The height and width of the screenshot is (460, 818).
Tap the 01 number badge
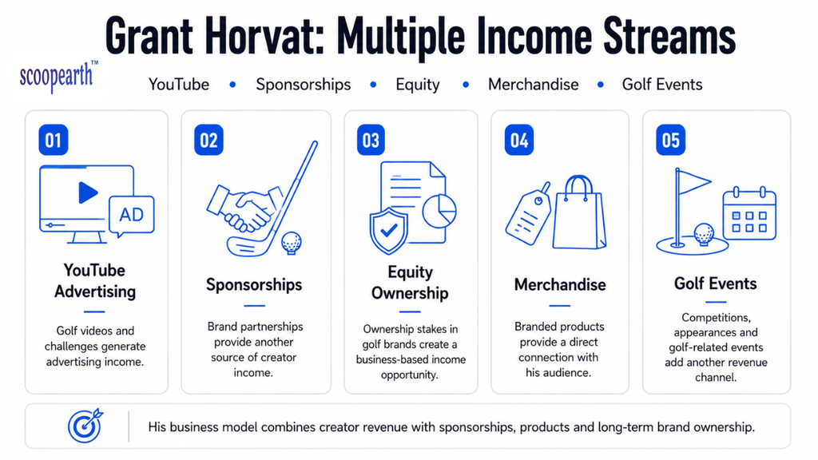[54, 141]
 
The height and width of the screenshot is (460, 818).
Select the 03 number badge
[371, 141]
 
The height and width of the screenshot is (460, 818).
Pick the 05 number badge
[670, 141]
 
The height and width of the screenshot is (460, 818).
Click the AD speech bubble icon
[132, 216]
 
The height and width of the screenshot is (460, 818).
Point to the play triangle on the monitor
[88, 192]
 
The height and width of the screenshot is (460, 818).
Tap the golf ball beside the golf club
[291, 243]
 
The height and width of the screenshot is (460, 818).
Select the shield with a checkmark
[389, 231]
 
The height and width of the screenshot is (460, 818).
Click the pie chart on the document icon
[439, 211]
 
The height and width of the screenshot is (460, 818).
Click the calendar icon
[749, 213]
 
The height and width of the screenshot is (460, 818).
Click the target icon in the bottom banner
[85, 426]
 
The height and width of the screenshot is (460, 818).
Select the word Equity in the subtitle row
[417, 85]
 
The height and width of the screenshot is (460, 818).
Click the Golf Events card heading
[715, 284]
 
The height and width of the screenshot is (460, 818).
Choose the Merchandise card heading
[560, 285]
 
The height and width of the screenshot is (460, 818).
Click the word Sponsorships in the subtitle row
[303, 85]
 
